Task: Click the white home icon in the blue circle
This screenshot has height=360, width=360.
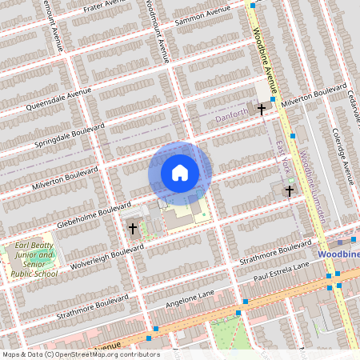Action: coord(180,173)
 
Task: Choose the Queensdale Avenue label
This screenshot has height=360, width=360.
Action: coord(59,99)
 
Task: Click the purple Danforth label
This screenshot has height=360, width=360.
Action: coord(232,118)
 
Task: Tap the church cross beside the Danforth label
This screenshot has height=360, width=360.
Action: coord(261,107)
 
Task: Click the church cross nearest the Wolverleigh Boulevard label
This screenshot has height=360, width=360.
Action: coord(133,228)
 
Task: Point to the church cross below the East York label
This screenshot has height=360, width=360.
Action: coord(289,190)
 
